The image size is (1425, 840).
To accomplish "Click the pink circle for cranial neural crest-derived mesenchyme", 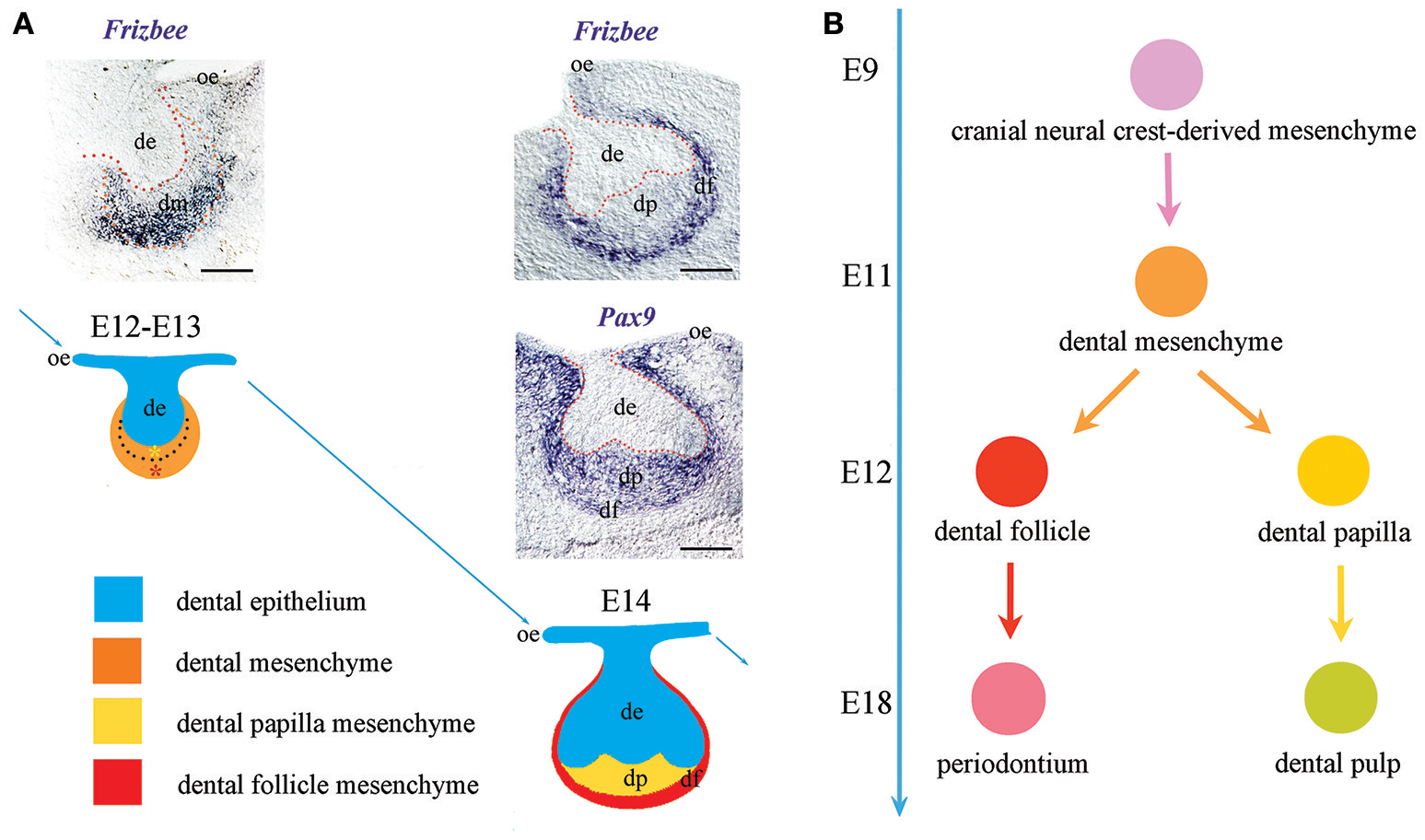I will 1166,75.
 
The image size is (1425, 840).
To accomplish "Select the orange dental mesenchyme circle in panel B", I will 1171,282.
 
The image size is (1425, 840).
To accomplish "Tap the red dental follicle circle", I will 1011,472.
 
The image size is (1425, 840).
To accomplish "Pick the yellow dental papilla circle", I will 1333,471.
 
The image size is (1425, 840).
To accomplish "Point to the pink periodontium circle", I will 1009,698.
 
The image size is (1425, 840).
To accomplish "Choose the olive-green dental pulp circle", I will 1340,697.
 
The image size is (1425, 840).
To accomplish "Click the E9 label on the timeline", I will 859,70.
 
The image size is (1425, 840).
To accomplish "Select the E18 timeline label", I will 866,703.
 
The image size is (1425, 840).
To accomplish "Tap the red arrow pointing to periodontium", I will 1010,600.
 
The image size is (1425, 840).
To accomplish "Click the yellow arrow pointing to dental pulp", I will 1340,602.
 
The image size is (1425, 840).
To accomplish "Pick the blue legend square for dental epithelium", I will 118,599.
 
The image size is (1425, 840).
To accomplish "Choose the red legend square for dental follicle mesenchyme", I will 117,782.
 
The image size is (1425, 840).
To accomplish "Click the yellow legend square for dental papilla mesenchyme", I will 117,721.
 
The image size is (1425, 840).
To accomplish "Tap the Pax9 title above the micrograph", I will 626,318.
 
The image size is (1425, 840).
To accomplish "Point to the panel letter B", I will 833,24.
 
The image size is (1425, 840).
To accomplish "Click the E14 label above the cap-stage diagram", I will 625,601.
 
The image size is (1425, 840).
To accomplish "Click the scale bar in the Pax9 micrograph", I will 707,548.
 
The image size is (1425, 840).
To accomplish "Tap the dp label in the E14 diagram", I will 635,779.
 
